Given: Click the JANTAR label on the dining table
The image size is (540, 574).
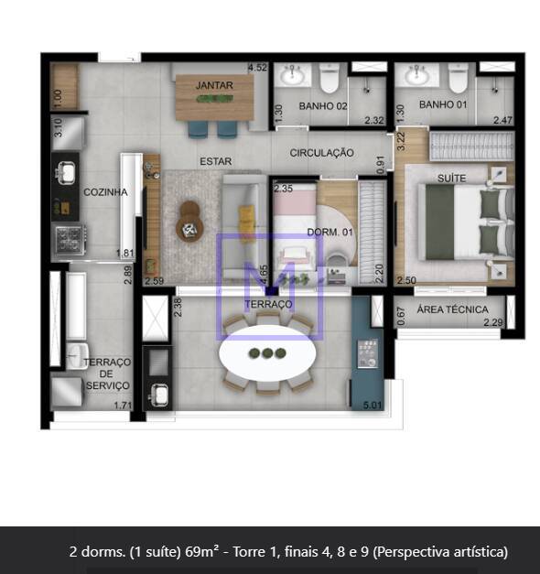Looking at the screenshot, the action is coord(214,85).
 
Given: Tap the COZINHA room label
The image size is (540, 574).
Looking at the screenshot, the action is coord(105,192).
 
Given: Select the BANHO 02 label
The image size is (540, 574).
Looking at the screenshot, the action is coord(323,106).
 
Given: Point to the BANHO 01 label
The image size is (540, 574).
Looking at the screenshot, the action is coord(443,104).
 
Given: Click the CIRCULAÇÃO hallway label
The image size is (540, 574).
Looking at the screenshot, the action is coord(322,153).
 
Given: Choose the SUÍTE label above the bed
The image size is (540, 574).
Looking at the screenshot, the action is coord(452,179).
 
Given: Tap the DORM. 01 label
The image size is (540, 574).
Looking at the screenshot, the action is coord(329,233).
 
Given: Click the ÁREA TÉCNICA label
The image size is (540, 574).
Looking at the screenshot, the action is coord(452,309).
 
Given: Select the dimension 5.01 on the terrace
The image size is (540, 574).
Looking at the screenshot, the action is coord(373,406).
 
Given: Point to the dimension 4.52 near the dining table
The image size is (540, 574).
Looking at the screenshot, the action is coord(257,68).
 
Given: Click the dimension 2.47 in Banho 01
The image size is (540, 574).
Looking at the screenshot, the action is coord(502,120).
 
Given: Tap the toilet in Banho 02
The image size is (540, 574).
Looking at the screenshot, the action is coord(329,77).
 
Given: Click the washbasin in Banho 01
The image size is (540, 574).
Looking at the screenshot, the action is coord(417,75).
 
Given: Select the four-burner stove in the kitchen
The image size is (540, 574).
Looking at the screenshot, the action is coord(70,240).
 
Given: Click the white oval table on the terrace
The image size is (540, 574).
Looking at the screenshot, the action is coord(267,353).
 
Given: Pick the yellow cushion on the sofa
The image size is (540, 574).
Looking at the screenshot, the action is coord(246,219).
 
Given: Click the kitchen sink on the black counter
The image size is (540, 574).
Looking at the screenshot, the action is coord(66,172).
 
